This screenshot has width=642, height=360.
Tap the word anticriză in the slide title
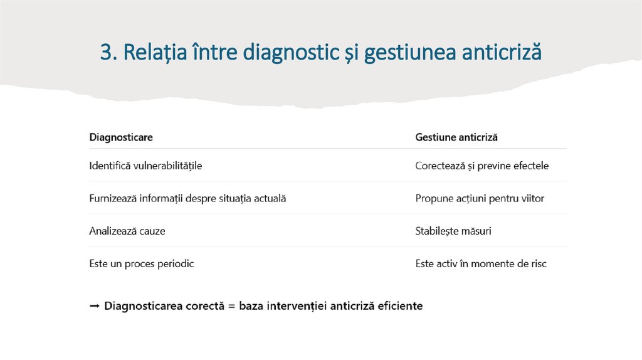tap(501, 53)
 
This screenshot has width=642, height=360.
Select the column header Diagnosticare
tap(121, 137)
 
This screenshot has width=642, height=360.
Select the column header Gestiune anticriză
tap(456, 137)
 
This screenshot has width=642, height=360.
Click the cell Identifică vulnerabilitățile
tap(145, 166)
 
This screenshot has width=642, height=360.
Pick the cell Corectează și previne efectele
tap(481, 166)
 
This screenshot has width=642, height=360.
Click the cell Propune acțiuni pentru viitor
tap(480, 198)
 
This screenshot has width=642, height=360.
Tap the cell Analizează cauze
tap(127, 231)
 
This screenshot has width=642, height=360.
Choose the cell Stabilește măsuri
tap(453, 231)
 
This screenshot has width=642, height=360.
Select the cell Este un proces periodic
tap(142, 263)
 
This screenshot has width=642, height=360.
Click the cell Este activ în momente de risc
tap(481, 263)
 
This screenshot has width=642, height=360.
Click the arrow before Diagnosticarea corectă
tap(94, 306)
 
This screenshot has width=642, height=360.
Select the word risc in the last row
tap(536, 263)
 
